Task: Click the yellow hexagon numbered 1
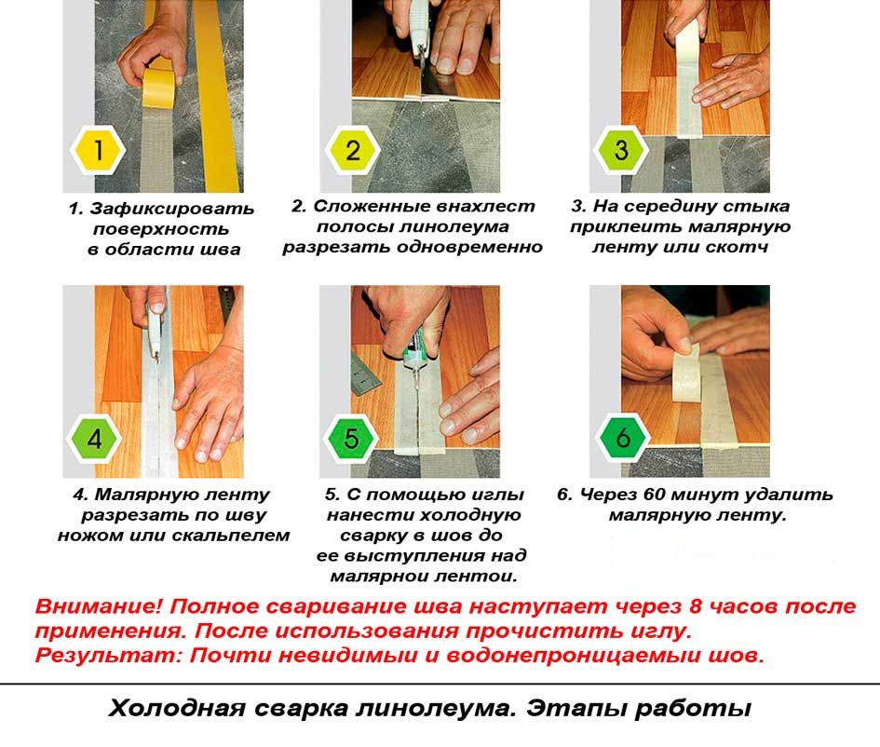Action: point(98,150)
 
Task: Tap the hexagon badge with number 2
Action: point(352,150)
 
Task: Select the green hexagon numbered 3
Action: point(621,149)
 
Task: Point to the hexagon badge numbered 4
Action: point(94,439)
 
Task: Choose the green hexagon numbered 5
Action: point(352,439)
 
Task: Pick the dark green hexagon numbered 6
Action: point(623,438)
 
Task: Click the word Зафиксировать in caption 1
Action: point(171,209)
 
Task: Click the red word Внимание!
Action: point(98,606)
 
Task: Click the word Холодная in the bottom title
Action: point(177,708)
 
